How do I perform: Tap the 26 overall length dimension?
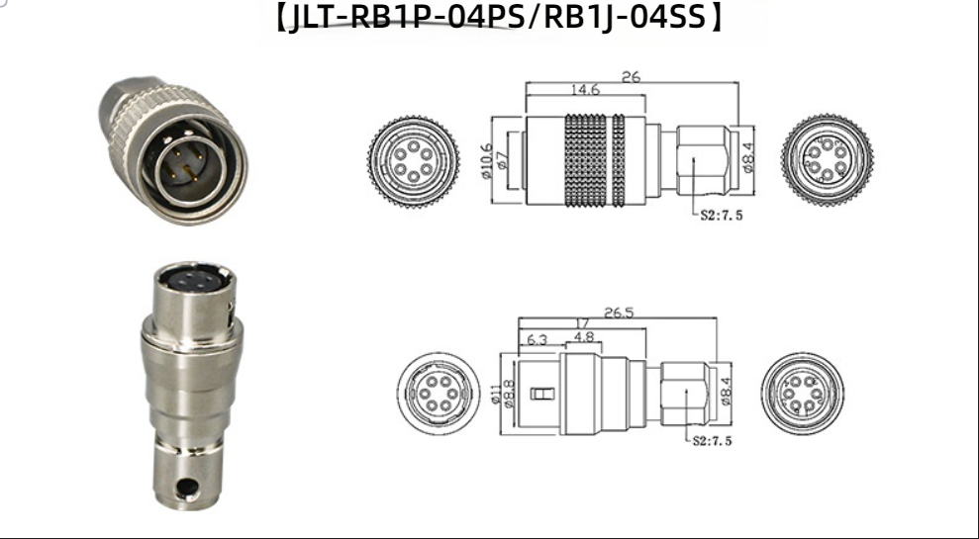point(631,77)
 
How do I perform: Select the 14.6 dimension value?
point(585,89)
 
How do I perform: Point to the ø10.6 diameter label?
point(488,161)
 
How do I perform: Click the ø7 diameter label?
point(502,161)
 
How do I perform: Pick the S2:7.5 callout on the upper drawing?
point(722,216)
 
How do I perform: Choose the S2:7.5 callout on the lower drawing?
point(713,440)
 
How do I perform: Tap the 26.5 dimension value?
point(618,312)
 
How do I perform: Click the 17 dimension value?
point(581,324)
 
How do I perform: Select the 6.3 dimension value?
point(537,339)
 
